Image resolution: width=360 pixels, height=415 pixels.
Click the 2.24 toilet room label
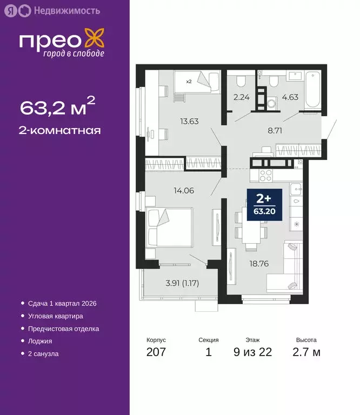(x=241, y=98)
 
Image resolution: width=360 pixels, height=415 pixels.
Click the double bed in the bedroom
(x=168, y=227)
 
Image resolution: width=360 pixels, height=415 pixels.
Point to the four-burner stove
(x=265, y=175)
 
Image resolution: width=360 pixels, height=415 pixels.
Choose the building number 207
(x=156, y=352)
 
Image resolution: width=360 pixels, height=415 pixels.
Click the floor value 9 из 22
(x=253, y=352)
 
